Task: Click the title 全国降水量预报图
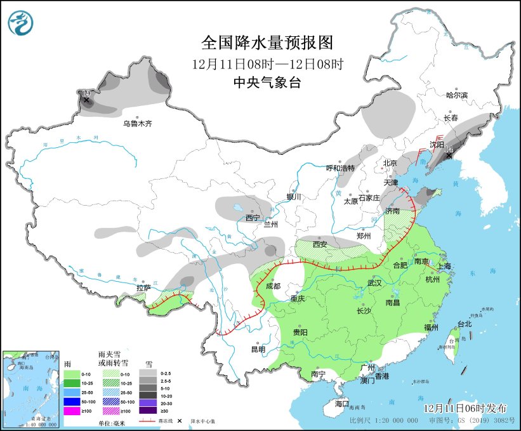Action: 267,43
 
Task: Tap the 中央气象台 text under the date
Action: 267,83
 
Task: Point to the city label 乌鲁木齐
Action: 138,124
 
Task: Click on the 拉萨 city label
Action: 143,288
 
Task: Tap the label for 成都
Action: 274,286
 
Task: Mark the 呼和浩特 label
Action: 340,168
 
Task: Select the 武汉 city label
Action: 375,282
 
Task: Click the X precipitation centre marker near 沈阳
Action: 449,156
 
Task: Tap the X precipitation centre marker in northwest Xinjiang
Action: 86,100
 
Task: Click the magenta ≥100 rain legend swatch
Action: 72,411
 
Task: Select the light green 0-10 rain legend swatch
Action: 72,375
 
